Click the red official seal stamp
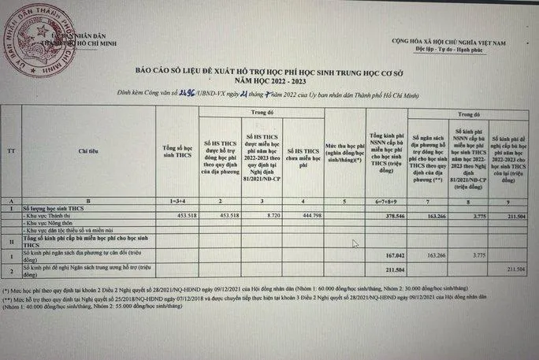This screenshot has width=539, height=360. click(32, 32)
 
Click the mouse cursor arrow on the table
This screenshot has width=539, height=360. click(355, 244)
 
